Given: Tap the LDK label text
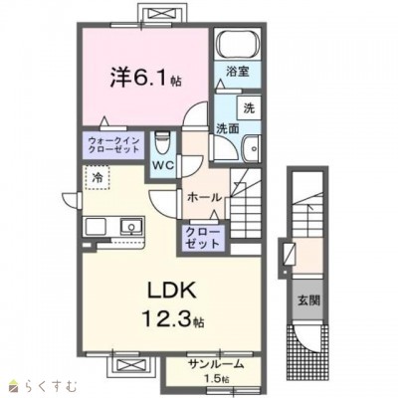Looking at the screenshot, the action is [171, 291].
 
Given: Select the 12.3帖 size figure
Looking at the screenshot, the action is [172, 317].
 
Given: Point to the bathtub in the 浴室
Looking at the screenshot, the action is [237, 45].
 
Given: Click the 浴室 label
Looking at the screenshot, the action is [238, 72].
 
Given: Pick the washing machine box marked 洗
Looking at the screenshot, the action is [249, 108].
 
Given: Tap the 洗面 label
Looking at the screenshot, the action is [228, 129].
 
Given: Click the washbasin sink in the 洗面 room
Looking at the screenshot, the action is [251, 148].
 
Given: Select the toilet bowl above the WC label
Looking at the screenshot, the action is [162, 142].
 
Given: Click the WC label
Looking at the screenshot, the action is [163, 165].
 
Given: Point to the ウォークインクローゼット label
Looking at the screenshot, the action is [113, 145].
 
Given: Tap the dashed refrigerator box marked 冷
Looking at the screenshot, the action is [97, 178].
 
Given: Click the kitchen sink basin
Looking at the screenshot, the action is [131, 227].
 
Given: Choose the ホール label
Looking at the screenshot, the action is [204, 198].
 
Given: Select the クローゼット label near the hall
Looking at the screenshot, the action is [203, 238].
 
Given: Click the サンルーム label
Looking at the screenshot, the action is [216, 364].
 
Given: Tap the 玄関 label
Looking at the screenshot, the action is [308, 300].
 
